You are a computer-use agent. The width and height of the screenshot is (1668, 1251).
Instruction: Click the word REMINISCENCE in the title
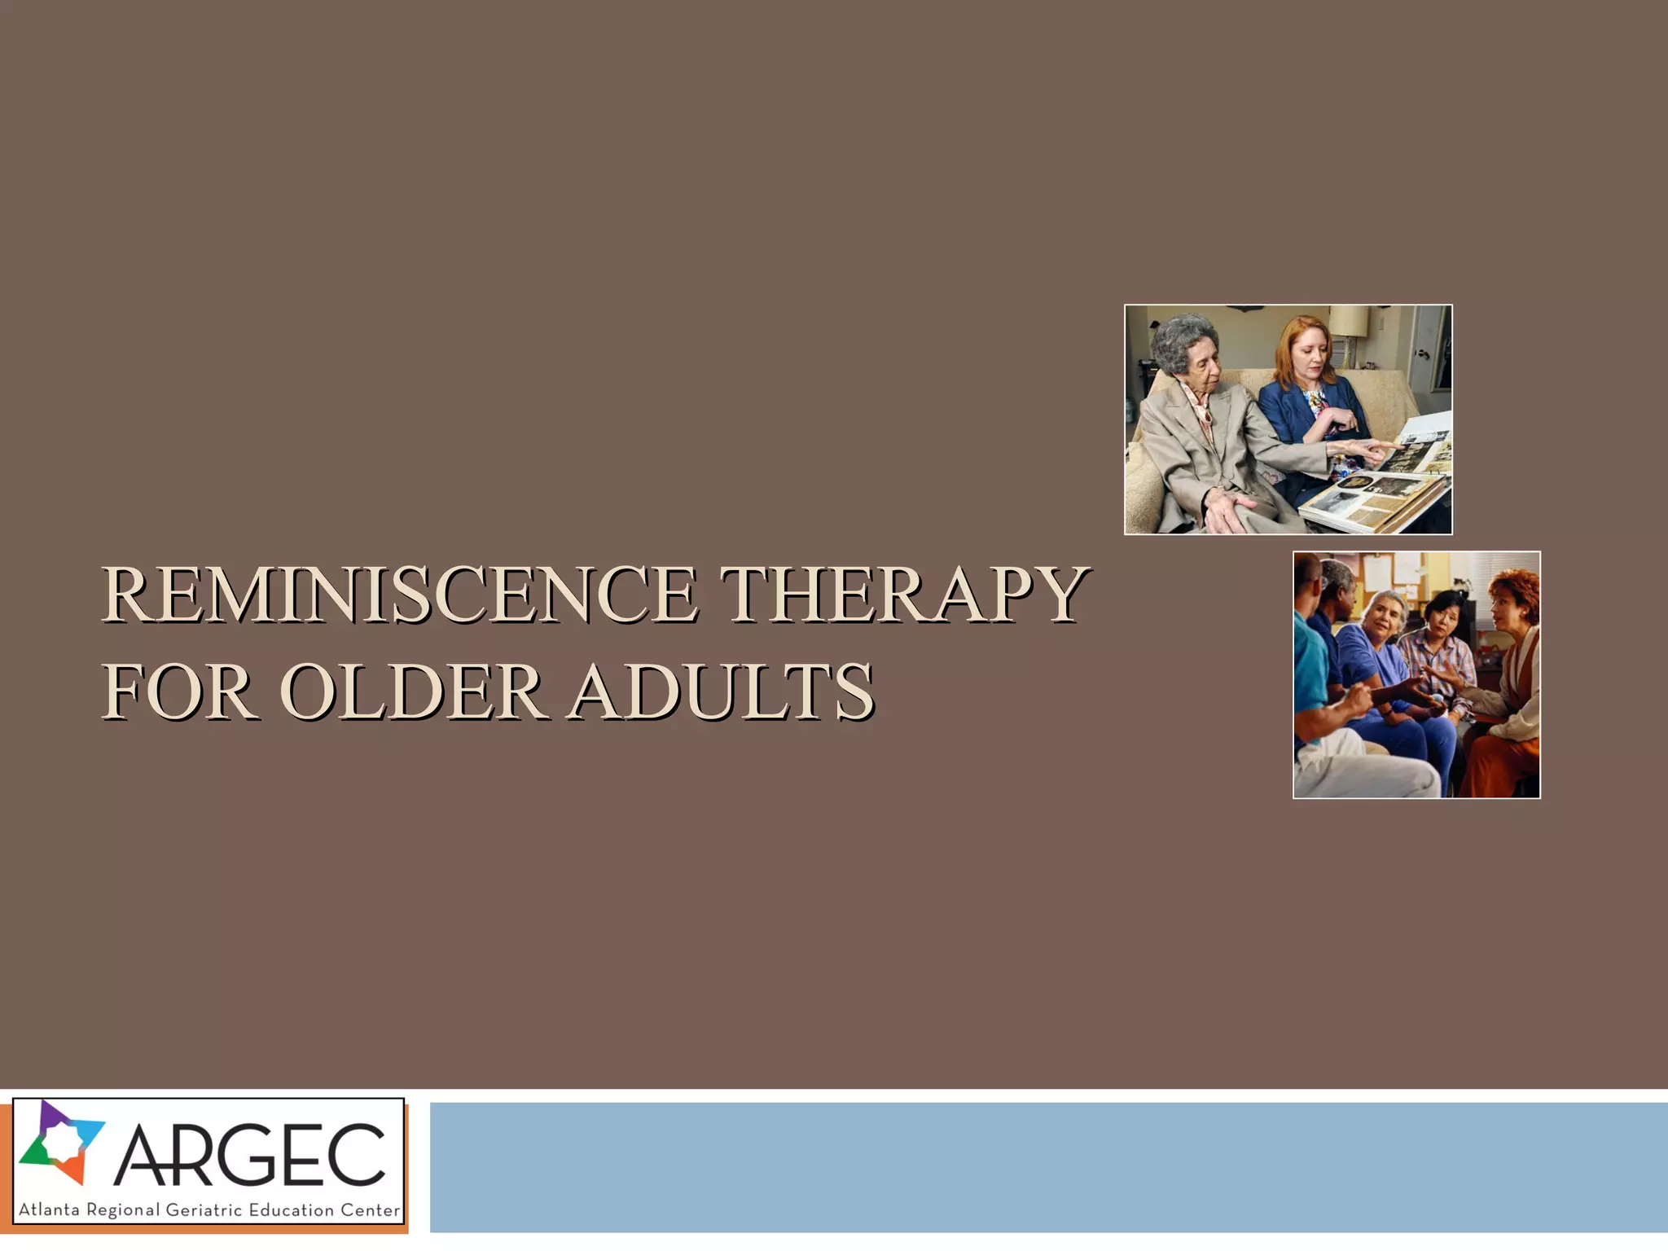[399, 595]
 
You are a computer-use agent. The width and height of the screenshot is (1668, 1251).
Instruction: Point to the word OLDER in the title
[411, 692]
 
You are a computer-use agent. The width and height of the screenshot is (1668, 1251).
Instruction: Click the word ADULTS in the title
[722, 692]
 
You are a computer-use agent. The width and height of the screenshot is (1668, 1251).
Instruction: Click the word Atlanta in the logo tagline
[49, 1210]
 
